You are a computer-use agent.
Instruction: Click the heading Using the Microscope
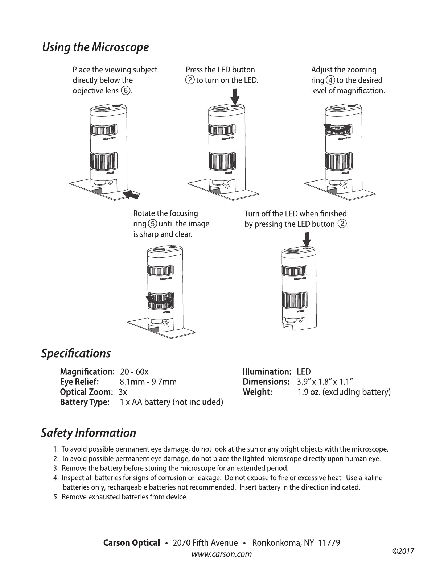tap(95, 47)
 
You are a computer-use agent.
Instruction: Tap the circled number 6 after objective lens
tap(126, 91)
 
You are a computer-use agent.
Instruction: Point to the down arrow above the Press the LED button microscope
tap(235, 97)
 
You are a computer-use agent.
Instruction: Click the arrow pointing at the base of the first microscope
tap(132, 195)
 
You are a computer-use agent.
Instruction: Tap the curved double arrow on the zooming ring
tap(338, 129)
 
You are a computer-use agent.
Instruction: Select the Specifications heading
tap(76, 353)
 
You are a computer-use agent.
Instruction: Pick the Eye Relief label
tap(79, 382)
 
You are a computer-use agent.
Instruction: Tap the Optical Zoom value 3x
tap(123, 392)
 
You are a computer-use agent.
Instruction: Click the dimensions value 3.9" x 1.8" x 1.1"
tap(325, 382)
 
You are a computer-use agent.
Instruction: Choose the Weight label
tap(257, 392)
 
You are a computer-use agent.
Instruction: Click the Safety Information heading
tap(89, 433)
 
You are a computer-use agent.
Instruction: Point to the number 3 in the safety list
tap(56, 468)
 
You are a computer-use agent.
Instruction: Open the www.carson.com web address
tap(222, 554)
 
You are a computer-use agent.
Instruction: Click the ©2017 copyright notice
tap(403, 552)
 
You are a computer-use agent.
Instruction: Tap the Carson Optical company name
tap(131, 543)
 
